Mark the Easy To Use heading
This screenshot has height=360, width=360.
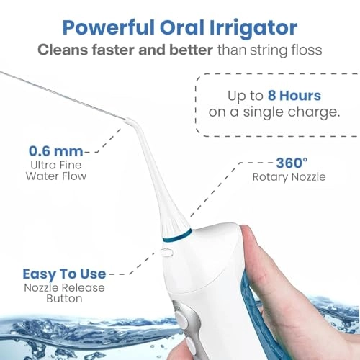point(64,274)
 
